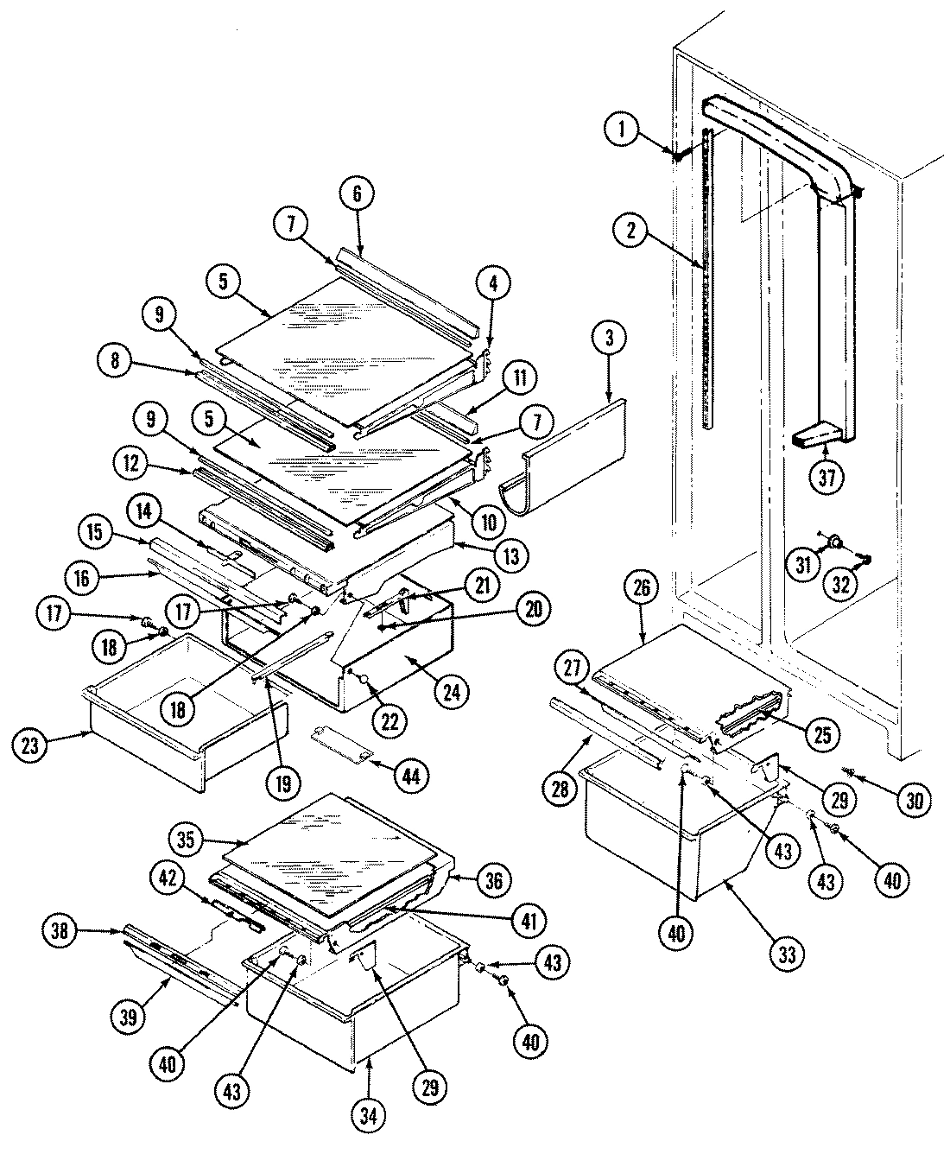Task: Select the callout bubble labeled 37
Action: click(x=827, y=478)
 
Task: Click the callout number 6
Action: click(x=358, y=195)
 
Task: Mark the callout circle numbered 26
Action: click(x=645, y=587)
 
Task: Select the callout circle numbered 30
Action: click(x=915, y=800)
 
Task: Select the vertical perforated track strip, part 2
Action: click(x=708, y=276)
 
